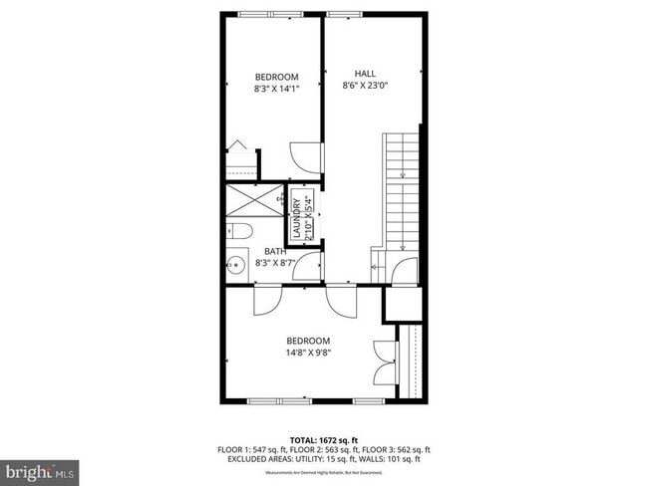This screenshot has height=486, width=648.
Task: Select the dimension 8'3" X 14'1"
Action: point(276,89)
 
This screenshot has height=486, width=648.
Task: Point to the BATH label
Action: point(275,252)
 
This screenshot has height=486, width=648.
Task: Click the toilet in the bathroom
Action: point(237,232)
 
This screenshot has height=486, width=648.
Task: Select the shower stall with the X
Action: point(254,199)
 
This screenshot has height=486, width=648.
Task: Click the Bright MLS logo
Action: point(40,469)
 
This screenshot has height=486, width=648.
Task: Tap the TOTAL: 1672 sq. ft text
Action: point(324,439)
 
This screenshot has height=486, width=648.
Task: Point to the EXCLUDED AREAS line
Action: point(324,459)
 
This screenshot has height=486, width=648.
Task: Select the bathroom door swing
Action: point(308,266)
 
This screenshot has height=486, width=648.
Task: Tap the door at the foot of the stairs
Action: point(405,270)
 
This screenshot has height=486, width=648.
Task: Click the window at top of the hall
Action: point(344,13)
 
